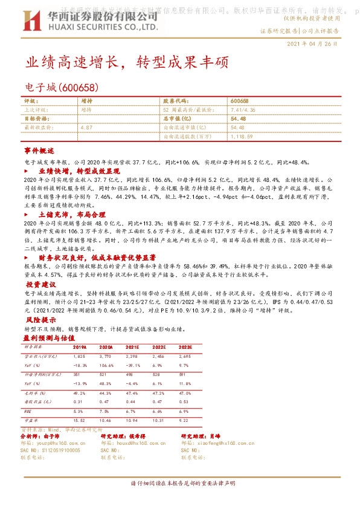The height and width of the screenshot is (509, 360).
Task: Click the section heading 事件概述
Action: (39, 150)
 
